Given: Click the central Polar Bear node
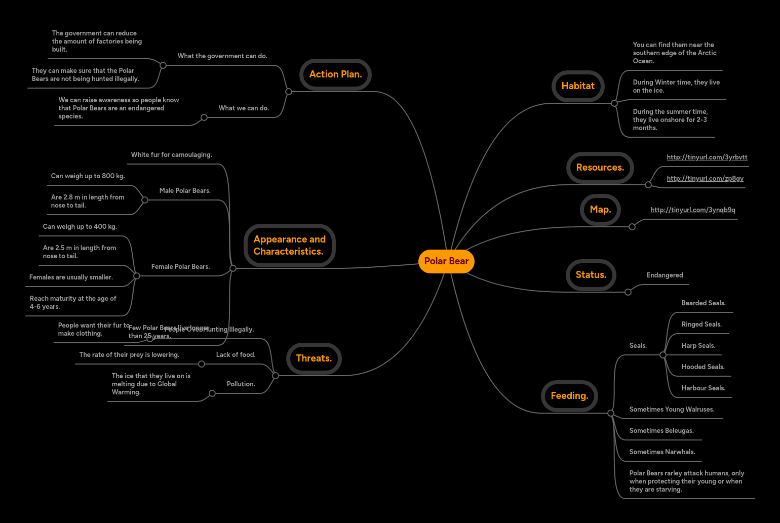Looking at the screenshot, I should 446,261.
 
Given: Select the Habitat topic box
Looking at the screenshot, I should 578,86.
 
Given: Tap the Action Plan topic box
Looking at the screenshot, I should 335,74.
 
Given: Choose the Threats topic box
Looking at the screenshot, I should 314,358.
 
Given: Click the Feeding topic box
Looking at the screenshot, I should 569,396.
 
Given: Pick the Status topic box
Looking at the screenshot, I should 591,275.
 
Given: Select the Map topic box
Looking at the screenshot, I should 600,210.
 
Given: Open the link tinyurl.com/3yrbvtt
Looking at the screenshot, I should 707,157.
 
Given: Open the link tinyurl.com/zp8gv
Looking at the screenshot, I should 705,179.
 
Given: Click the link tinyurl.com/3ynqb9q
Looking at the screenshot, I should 692,210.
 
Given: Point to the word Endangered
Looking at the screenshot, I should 665,275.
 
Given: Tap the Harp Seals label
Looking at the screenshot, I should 698,346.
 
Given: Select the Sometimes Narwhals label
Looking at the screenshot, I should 662,452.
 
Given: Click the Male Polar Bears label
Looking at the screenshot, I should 185,191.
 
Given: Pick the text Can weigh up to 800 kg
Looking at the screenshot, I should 88,176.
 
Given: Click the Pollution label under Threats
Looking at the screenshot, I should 241,384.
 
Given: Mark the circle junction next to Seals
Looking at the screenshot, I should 663,355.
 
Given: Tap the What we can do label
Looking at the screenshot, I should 244,108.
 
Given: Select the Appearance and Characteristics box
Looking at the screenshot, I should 289,246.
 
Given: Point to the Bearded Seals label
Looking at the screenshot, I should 703,303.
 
